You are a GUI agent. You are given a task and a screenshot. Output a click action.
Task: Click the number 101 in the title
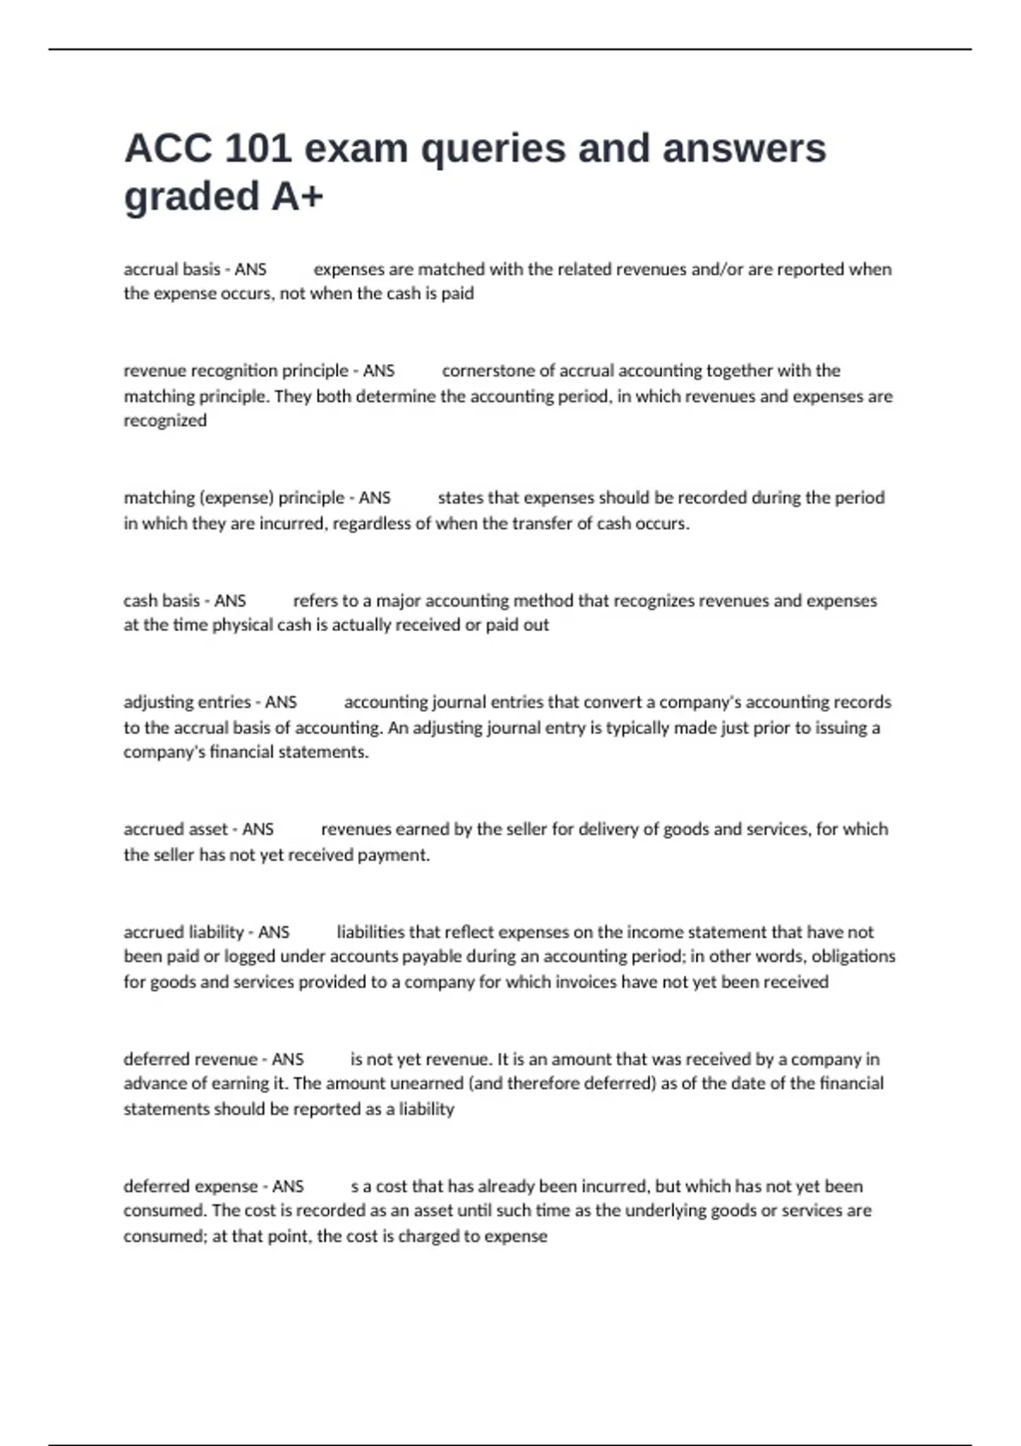[x=256, y=149]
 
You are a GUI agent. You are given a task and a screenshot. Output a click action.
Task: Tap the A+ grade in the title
[x=297, y=196]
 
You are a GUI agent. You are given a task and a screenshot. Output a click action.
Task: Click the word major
[x=398, y=601]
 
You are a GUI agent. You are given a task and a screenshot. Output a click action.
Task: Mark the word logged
[x=249, y=957]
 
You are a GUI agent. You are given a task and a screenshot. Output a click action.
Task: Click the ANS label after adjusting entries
[x=281, y=703]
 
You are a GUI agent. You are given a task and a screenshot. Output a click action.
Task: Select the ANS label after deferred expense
[x=288, y=1187]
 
